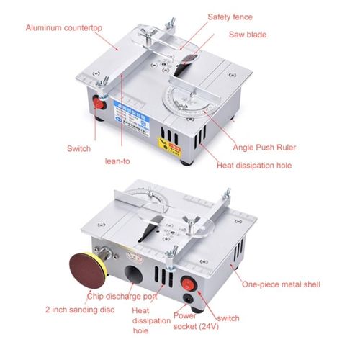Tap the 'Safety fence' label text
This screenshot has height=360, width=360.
coord(230,16)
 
